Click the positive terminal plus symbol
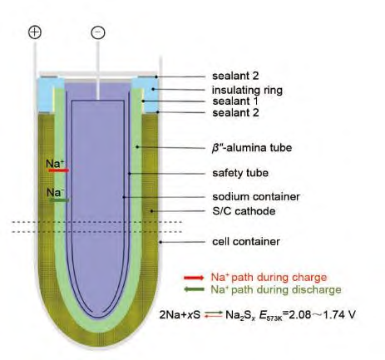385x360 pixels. pos(35,32)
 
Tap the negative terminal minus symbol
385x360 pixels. pos(98,32)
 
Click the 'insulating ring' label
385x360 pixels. pos(247,90)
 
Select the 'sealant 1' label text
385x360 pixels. pos(235,101)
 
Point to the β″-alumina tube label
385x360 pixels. pos(252,147)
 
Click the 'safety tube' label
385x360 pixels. pos(240,173)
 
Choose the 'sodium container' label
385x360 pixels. pos(256,197)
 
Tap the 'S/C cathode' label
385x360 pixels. pos(244,211)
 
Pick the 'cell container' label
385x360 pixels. pos(246,241)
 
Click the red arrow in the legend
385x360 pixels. pos(194,278)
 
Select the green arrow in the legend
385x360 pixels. pos(194,290)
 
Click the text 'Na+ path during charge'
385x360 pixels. pos(269,277)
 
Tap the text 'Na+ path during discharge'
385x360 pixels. pos(276,289)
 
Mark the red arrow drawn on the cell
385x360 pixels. pos(58,170)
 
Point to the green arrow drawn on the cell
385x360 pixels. pos(59,200)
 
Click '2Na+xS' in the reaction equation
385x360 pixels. pos(180,315)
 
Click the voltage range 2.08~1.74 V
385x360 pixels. pos(322,315)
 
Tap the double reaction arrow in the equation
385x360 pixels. pos(214,314)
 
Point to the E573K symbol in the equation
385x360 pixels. pos(270,315)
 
